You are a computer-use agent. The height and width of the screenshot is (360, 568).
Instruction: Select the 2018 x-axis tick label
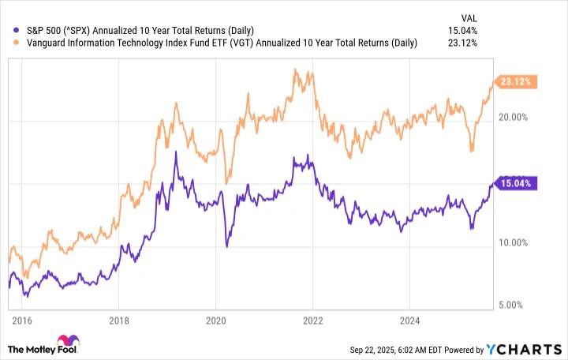pos(118,321)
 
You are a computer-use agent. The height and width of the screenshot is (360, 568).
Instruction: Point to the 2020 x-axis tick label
pos(215,321)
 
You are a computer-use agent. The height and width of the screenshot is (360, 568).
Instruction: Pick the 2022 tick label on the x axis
pos(313,321)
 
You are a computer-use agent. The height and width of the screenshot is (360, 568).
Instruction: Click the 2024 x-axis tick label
pos(410,321)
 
